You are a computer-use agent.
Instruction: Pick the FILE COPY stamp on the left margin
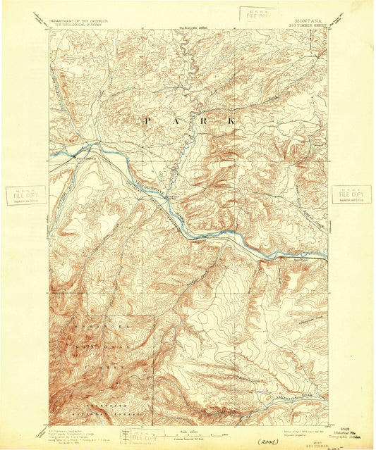pyautogui.click(x=26, y=195)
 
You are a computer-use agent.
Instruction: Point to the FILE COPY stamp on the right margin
pyautogui.click(x=351, y=194)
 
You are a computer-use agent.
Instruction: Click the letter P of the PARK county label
pyautogui.click(x=147, y=121)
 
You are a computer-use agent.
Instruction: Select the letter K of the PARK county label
pyautogui.click(x=232, y=121)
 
